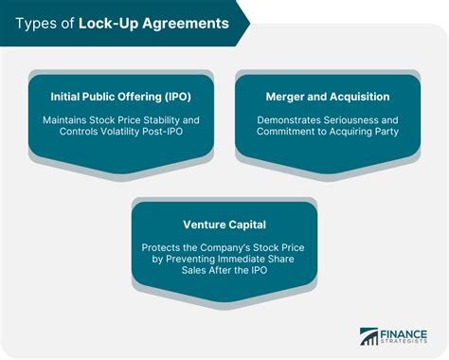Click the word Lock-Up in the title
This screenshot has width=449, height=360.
[106, 23]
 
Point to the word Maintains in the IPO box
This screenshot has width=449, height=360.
[68, 121]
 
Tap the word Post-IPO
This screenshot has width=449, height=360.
[178, 135]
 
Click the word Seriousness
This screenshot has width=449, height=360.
[359, 121]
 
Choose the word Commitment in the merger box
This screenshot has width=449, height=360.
[289, 135]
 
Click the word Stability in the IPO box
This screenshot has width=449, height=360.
[162, 121]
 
